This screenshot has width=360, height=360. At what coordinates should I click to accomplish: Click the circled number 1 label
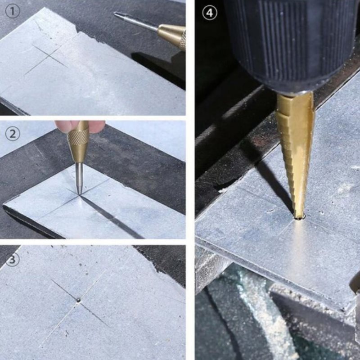coord(13,12)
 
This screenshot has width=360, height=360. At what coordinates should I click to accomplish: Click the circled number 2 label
coord(13,133)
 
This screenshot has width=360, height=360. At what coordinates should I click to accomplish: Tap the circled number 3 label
coord(13,260)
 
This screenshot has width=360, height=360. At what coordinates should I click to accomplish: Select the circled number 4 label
coord(209,13)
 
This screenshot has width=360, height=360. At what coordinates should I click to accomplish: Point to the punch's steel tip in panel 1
coord(115,13)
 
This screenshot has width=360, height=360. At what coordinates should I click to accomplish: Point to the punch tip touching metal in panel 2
coord(80,194)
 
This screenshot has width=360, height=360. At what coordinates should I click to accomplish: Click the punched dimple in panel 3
coord(78,300)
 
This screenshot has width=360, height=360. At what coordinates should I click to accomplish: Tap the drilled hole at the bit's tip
coord(299,218)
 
